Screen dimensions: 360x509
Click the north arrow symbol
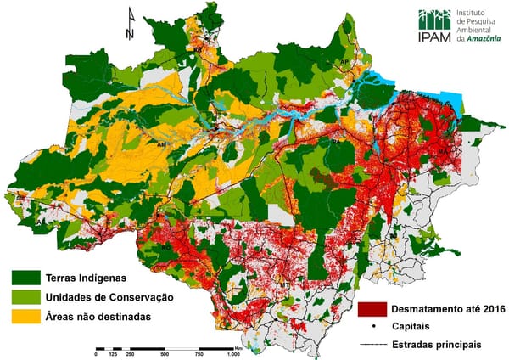click(129, 23)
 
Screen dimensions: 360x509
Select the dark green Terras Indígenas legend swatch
click(26, 278)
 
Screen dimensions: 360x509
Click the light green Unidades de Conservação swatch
click(26, 298)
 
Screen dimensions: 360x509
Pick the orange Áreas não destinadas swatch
click(26, 317)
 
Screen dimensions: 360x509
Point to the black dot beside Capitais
click(375, 328)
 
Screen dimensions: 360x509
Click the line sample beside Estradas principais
click(374, 345)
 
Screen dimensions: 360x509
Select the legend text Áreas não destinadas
click(106, 317)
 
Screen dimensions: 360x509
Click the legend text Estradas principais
click(437, 345)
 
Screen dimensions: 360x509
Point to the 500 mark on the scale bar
click(164, 353)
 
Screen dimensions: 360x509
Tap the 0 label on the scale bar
click(95, 353)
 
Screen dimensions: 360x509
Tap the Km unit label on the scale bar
click(239, 346)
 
